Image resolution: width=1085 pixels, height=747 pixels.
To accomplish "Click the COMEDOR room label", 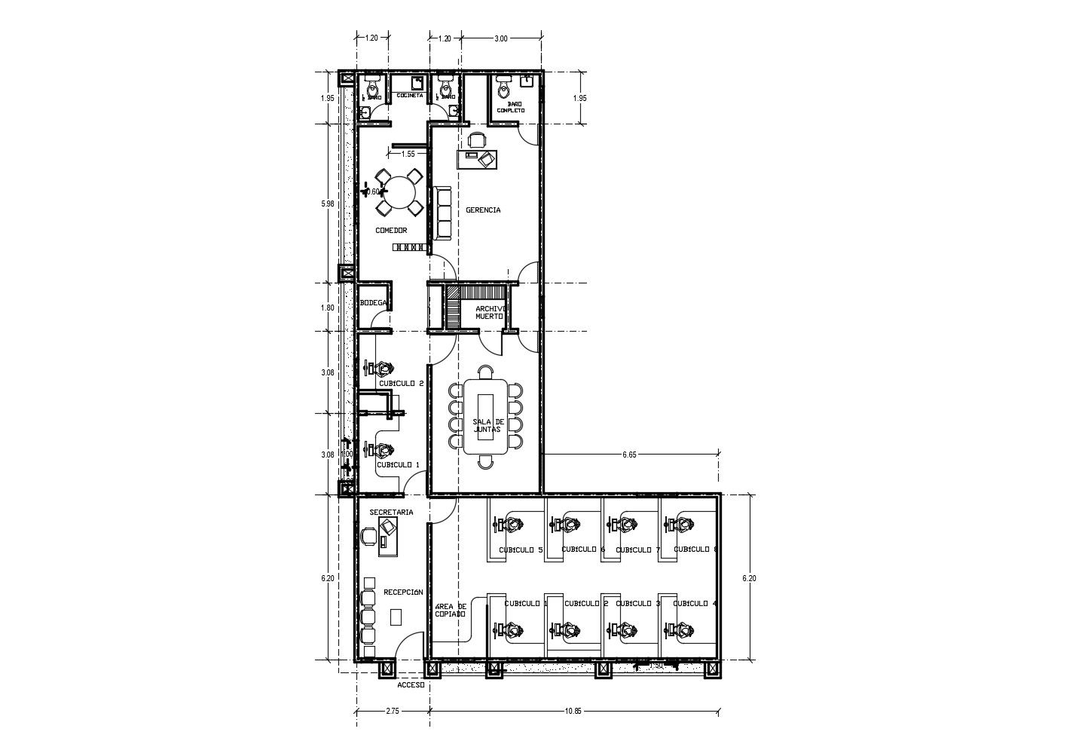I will (391, 231).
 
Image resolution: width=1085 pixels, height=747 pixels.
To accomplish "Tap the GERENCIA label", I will (483, 210).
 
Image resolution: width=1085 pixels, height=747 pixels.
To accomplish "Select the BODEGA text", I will (374, 302).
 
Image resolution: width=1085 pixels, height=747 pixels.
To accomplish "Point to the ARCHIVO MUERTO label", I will (490, 312).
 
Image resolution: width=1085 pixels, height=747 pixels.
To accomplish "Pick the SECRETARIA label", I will (391, 513).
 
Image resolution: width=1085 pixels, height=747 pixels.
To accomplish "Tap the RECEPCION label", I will (403, 592).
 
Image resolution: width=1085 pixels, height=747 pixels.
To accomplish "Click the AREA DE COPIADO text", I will (451, 610).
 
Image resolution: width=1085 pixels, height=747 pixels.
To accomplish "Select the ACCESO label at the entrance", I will (411, 685).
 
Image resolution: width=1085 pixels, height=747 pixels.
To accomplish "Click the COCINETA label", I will (409, 96).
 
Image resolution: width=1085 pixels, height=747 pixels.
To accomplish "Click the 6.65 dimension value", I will (630, 455).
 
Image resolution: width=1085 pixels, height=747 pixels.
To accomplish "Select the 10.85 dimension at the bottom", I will (574, 710).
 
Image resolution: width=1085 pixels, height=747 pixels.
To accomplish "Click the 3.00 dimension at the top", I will (500, 38).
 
